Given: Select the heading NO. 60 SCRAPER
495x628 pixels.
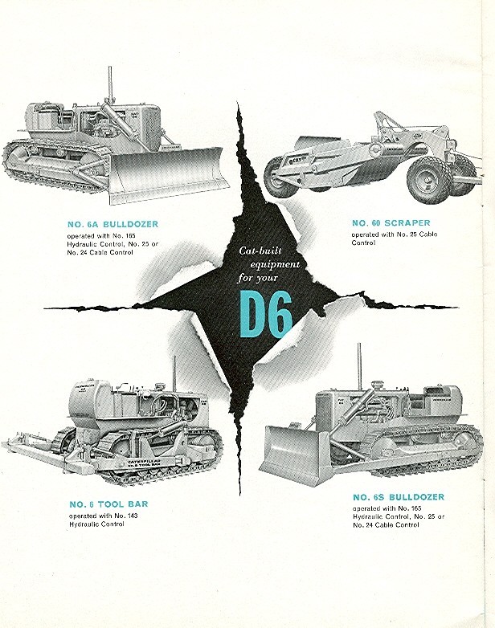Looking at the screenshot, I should click(390, 222).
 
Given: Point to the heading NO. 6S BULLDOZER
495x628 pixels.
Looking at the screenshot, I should click(398, 497).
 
